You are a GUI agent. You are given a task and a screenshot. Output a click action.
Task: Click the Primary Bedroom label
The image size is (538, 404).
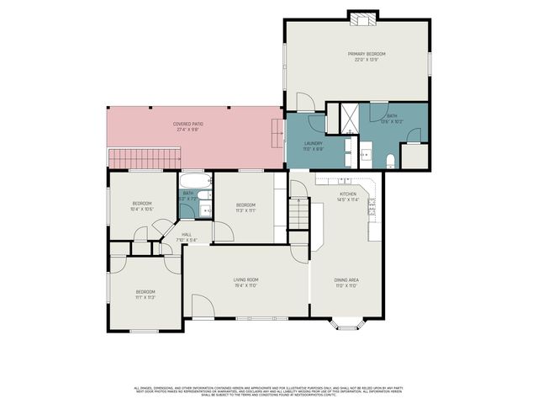tap(367, 55)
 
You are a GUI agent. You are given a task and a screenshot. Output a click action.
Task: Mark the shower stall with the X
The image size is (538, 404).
tap(346, 118)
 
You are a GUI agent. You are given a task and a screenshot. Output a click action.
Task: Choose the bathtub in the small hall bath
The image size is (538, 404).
tap(194, 179)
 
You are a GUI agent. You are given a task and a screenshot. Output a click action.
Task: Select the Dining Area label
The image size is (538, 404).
tap(347, 283)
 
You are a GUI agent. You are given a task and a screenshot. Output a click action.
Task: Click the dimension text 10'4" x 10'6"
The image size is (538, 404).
tap(141, 209)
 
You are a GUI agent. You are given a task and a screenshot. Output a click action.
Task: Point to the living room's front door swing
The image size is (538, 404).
tap(203, 306)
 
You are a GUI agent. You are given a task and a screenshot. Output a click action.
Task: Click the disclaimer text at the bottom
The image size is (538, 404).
tap(269, 391)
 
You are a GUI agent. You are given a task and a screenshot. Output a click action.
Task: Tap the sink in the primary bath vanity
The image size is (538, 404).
tap(366, 154)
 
